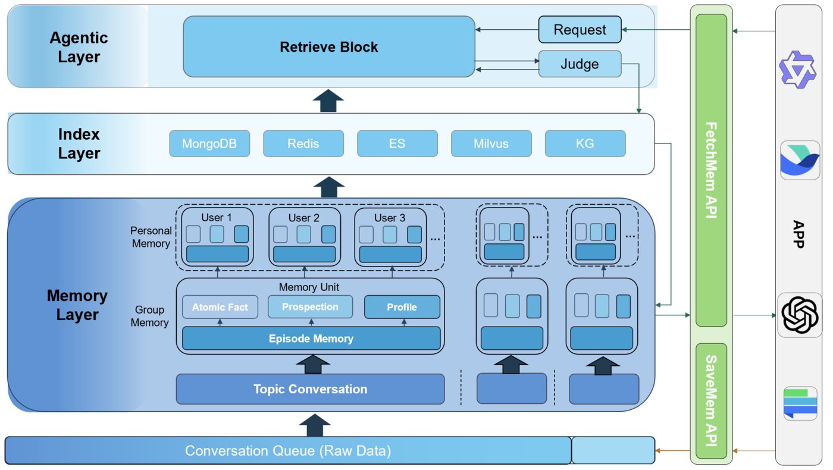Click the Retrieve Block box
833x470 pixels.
[x=328, y=46]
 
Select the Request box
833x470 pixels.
[x=580, y=30]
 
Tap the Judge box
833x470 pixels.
[x=580, y=64]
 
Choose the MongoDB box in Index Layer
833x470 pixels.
[x=209, y=143]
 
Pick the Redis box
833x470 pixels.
[x=303, y=143]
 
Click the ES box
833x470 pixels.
[x=397, y=143]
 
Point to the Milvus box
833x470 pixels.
[x=491, y=143]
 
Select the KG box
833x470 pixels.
[x=585, y=143]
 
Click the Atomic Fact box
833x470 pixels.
[x=220, y=307]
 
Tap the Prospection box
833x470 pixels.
[x=310, y=307]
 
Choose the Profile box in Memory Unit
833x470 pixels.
[x=402, y=307]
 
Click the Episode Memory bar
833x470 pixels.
[x=311, y=339]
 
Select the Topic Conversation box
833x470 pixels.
[x=310, y=389]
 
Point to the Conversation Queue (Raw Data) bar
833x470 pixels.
[x=288, y=450]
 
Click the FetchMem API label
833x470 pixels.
[x=711, y=170]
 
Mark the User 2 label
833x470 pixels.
[x=304, y=218]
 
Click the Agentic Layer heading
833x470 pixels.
[x=79, y=47]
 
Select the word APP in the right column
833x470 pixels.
[x=799, y=234]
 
